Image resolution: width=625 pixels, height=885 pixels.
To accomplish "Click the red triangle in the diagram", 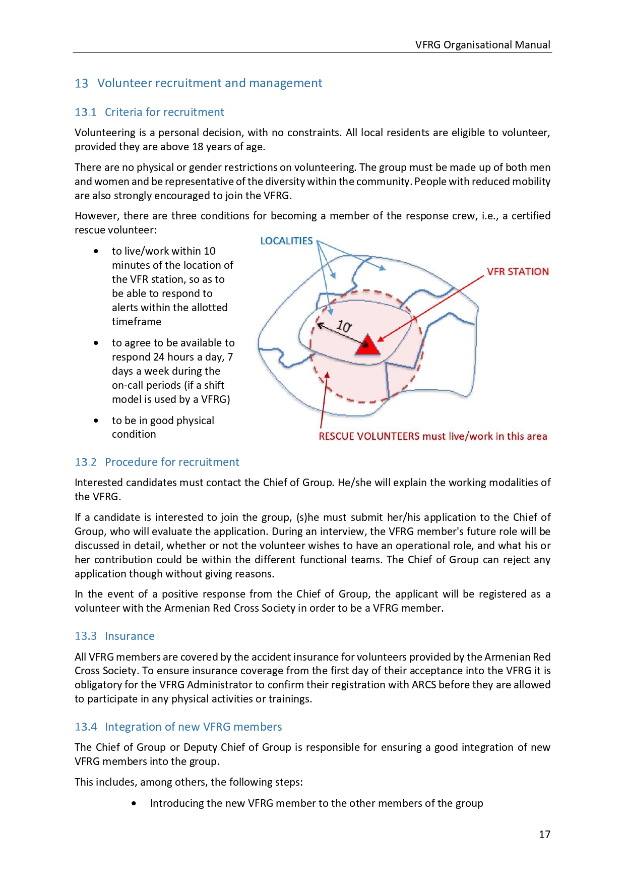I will [367, 345].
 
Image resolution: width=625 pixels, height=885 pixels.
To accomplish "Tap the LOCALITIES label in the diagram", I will [286, 241].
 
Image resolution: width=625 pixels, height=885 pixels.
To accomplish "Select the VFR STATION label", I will [518, 272].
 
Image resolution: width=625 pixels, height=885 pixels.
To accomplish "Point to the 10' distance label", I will [344, 326].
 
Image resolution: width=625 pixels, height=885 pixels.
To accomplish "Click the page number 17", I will [544, 835].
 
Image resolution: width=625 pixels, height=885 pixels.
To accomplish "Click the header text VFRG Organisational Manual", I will [482, 45].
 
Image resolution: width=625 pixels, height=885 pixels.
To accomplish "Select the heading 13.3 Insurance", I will [114, 636].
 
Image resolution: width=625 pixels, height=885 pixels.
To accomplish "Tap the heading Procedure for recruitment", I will [172, 462].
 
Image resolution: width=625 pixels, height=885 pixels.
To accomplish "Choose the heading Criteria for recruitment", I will [164, 112].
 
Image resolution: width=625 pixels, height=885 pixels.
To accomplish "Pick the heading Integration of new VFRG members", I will [193, 727].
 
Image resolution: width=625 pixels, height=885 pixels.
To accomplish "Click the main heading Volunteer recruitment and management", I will [210, 83].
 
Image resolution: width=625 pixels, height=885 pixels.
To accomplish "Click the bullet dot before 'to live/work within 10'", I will [96, 251].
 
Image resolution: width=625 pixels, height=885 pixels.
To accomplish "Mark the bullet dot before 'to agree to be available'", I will [96, 343].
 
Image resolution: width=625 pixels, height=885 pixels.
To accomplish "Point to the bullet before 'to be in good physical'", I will [96, 421].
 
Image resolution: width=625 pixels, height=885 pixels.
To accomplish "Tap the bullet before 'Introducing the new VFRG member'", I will [134, 803].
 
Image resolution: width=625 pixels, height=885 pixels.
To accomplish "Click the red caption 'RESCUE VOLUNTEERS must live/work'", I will [432, 437].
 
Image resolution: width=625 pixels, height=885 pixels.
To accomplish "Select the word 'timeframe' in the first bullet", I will [137, 322].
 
